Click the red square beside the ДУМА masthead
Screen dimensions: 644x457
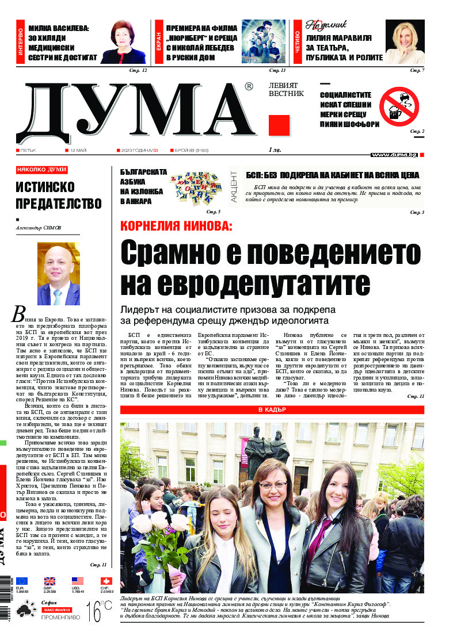pyautogui.click(x=279, y=125)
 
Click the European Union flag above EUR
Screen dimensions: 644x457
pyautogui.click(x=22, y=581)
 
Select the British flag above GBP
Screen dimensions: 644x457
pyautogui.click(x=49, y=581)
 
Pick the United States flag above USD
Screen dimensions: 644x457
pyautogui.click(x=78, y=581)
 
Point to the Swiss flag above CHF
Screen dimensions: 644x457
pyautogui.click(x=106, y=581)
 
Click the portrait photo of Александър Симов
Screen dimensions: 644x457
pyautogui.click(x=59, y=274)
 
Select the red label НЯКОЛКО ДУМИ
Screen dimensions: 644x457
pyautogui.click(x=41, y=170)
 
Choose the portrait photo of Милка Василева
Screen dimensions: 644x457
pyautogui.click(x=124, y=42)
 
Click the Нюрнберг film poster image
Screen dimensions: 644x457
pyautogui.click(x=263, y=41)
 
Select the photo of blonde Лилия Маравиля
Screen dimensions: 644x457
pyautogui.click(x=405, y=42)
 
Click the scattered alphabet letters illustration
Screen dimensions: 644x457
pyautogui.click(x=196, y=185)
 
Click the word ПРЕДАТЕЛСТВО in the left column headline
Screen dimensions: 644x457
pyautogui.click(x=59, y=203)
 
